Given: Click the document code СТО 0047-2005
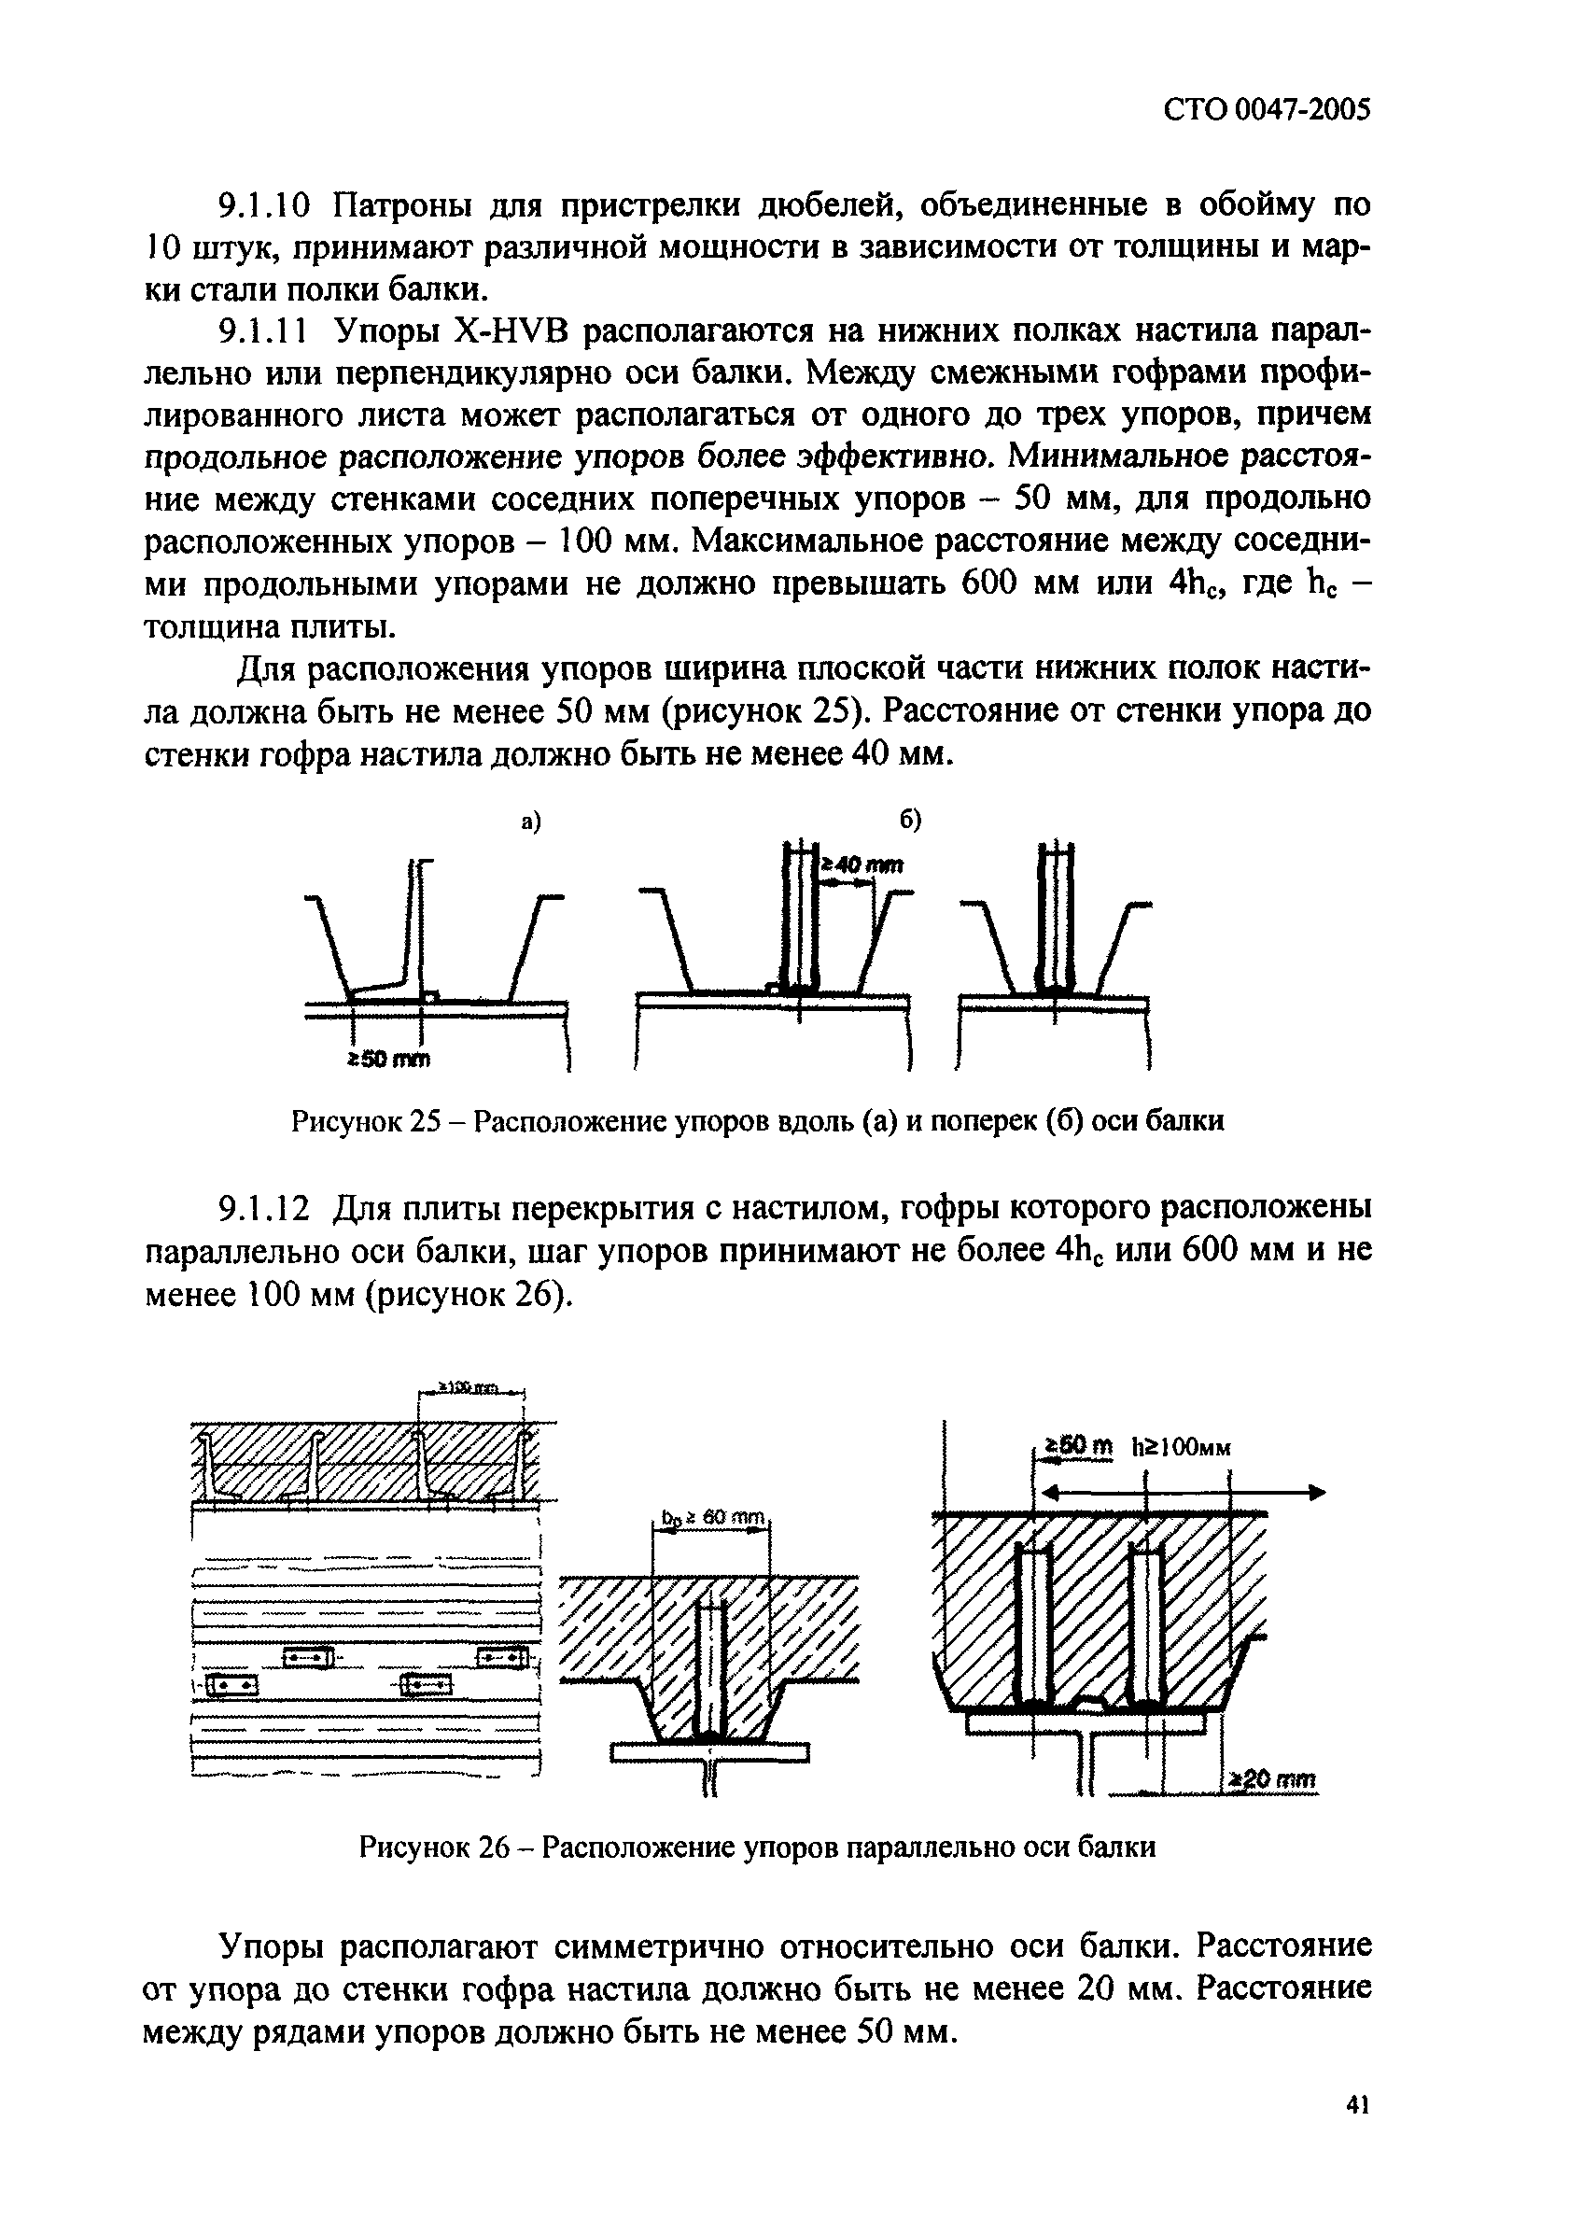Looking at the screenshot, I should (1267, 111).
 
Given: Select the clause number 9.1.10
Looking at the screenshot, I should (262, 206).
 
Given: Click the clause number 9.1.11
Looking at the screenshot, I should (261, 331).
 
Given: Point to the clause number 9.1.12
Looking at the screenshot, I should (263, 1210).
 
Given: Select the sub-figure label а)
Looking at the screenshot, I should (530, 822).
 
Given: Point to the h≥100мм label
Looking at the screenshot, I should (1182, 1448).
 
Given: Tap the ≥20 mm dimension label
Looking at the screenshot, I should (1271, 1779).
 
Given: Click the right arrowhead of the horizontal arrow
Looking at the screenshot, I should (1315, 1493).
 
